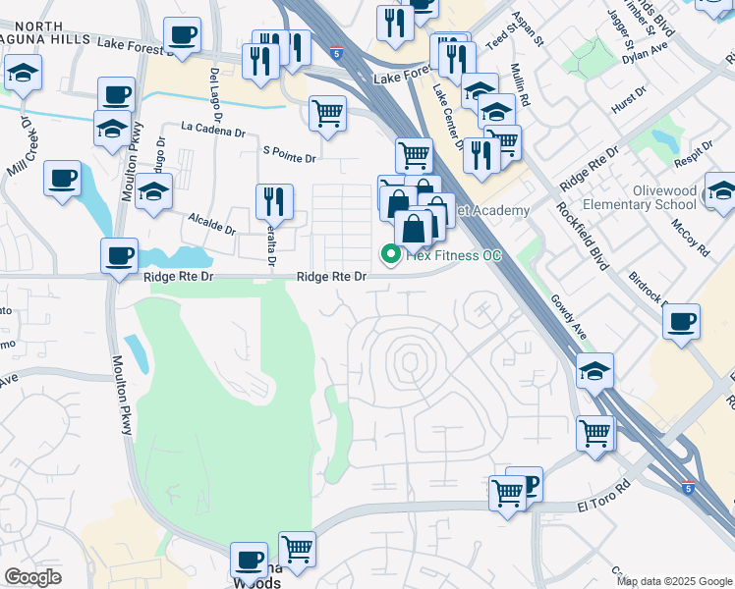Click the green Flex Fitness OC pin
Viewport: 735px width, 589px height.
(x=390, y=256)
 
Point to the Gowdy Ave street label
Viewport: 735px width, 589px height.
(x=568, y=318)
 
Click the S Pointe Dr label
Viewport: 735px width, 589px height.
(x=290, y=157)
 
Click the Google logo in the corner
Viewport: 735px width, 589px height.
(x=32, y=577)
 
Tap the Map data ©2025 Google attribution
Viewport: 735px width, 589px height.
(x=673, y=581)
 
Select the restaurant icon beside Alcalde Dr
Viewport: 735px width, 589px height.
(x=274, y=201)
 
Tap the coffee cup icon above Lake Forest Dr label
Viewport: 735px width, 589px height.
(x=181, y=36)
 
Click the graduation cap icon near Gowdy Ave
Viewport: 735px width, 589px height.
(x=594, y=371)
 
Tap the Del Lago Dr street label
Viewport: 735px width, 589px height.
(x=214, y=88)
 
